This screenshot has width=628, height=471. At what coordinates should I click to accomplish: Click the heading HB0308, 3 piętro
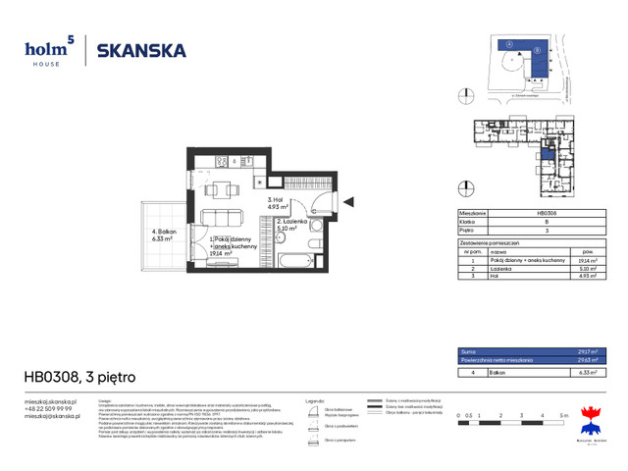click(80, 377)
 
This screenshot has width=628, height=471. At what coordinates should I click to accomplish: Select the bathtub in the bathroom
click(294, 263)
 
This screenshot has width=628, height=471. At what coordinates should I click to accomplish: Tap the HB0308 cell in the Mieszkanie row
click(549, 213)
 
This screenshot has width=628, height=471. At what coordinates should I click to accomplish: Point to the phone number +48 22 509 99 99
click(49, 408)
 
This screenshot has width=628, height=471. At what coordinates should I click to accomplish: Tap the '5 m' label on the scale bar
click(564, 417)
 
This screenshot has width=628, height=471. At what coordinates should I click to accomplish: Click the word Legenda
click(314, 401)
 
